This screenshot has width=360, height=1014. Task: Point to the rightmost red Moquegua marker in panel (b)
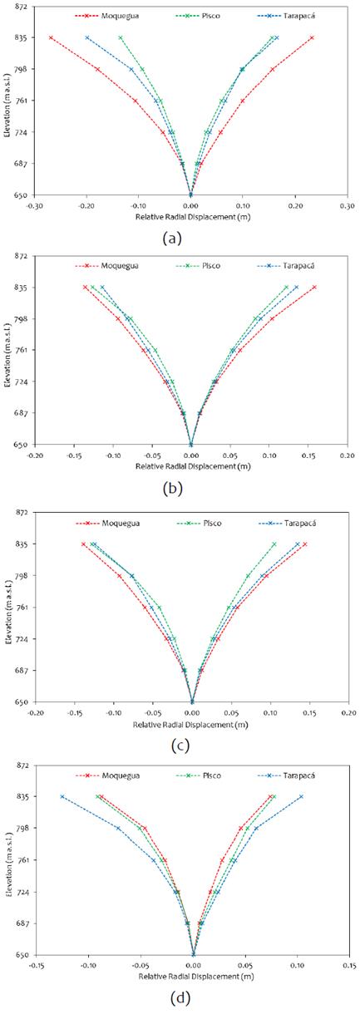click(x=314, y=288)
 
